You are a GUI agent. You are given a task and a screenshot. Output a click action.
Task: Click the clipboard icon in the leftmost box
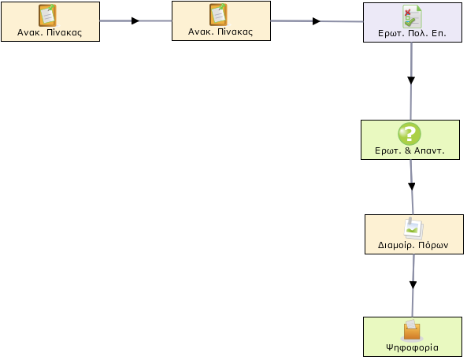point(48,16)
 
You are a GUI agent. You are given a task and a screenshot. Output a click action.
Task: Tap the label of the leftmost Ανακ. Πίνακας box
point(50,32)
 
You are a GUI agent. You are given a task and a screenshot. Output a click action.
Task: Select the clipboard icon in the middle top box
point(219,15)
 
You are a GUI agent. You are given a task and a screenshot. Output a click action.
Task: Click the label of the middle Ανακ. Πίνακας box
point(221,32)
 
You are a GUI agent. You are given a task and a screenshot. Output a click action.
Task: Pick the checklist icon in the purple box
point(412,17)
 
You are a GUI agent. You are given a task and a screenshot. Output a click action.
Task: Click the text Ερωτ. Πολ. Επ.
point(412,33)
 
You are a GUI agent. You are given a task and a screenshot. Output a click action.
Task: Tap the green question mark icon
point(410,134)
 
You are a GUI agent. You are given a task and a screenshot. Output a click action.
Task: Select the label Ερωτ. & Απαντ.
point(410,150)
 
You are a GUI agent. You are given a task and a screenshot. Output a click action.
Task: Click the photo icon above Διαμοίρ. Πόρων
point(413,229)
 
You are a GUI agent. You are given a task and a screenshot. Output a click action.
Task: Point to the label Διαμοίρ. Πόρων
point(413,245)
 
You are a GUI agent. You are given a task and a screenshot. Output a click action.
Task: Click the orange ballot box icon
point(412,331)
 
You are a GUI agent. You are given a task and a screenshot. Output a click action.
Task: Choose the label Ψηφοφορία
point(412,347)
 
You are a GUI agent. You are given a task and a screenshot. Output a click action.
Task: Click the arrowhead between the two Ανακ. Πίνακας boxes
point(135,20)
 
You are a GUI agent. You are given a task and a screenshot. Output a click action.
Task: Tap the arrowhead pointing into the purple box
point(317,21)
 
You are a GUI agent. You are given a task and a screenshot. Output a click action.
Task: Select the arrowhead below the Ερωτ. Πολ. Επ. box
point(411,80)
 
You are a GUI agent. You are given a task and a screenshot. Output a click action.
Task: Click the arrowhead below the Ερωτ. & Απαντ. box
point(412,187)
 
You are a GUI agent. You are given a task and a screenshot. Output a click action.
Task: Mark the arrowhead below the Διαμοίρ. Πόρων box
point(413,285)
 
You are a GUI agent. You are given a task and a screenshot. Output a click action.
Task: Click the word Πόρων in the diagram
point(433,245)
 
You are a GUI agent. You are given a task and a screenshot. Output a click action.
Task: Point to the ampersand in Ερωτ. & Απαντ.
point(408,150)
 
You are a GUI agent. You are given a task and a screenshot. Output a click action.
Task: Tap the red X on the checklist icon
point(407,13)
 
